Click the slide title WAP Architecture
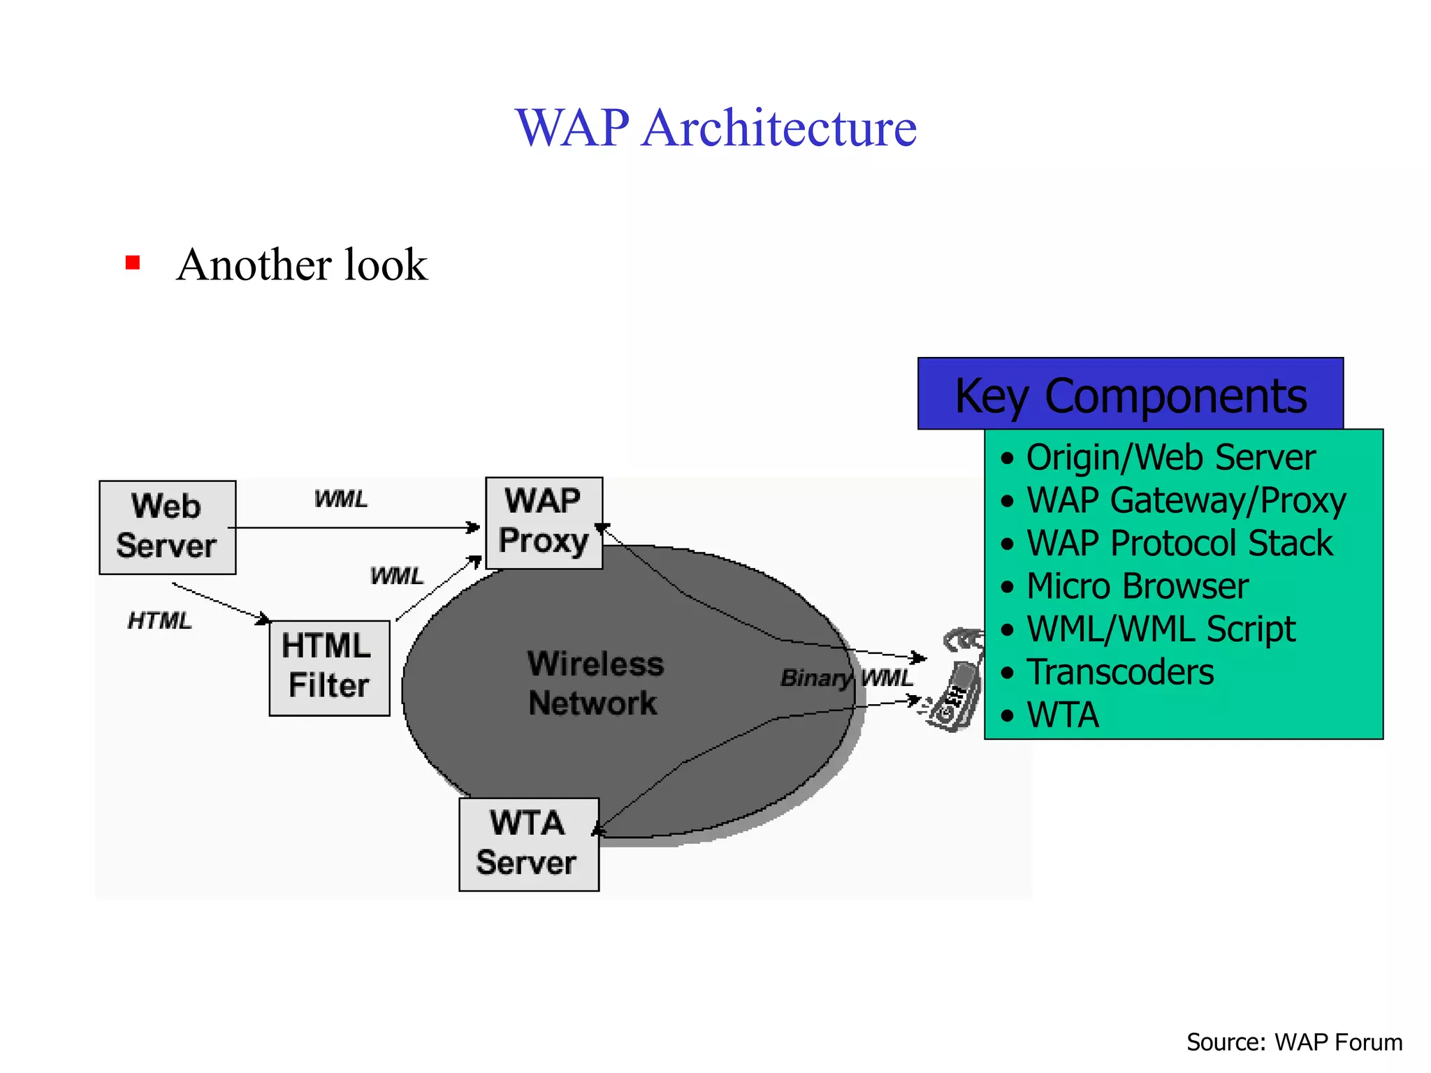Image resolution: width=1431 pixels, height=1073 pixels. [715, 128]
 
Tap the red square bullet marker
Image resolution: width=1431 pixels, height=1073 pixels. [133, 263]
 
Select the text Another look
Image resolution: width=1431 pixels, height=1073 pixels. [302, 265]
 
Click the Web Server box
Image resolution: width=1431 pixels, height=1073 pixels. [167, 527]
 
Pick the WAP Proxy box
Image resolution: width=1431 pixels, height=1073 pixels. [544, 523]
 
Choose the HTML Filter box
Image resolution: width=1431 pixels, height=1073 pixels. [328, 667]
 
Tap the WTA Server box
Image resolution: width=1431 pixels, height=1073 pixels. [528, 844]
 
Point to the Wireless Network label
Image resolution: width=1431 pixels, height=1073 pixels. [595, 683]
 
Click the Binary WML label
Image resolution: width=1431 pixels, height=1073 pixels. [846, 678]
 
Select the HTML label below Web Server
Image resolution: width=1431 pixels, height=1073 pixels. [159, 620]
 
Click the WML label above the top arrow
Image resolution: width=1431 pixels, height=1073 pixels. [340, 499]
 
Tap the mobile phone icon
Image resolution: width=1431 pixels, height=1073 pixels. [956, 681]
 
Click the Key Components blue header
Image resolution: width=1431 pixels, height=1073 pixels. [1130, 394]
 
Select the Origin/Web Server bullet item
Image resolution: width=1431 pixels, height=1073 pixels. [1170, 458]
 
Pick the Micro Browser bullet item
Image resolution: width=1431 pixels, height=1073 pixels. [1137, 586]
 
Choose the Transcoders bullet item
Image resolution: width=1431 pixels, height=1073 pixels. [1120, 672]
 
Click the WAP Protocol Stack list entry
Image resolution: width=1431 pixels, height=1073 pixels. [1179, 543]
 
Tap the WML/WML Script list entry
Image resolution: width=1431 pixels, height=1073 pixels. [1161, 629]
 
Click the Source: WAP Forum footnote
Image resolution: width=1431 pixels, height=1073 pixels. [1294, 1042]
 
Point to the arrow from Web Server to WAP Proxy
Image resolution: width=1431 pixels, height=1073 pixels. [353, 527]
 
